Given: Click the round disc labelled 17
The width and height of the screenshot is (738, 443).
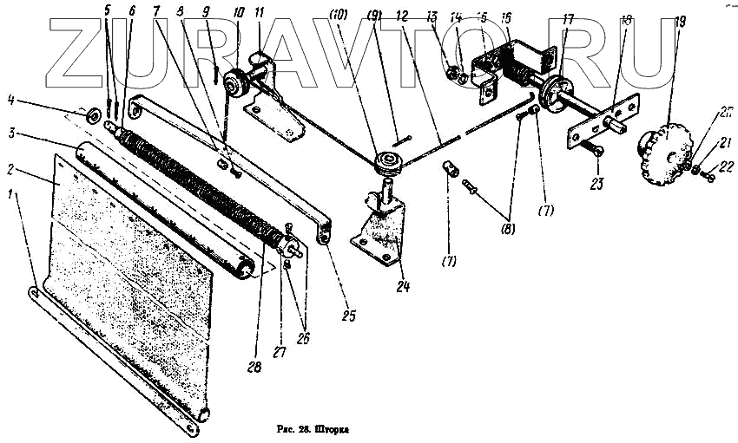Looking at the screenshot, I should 551,92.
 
